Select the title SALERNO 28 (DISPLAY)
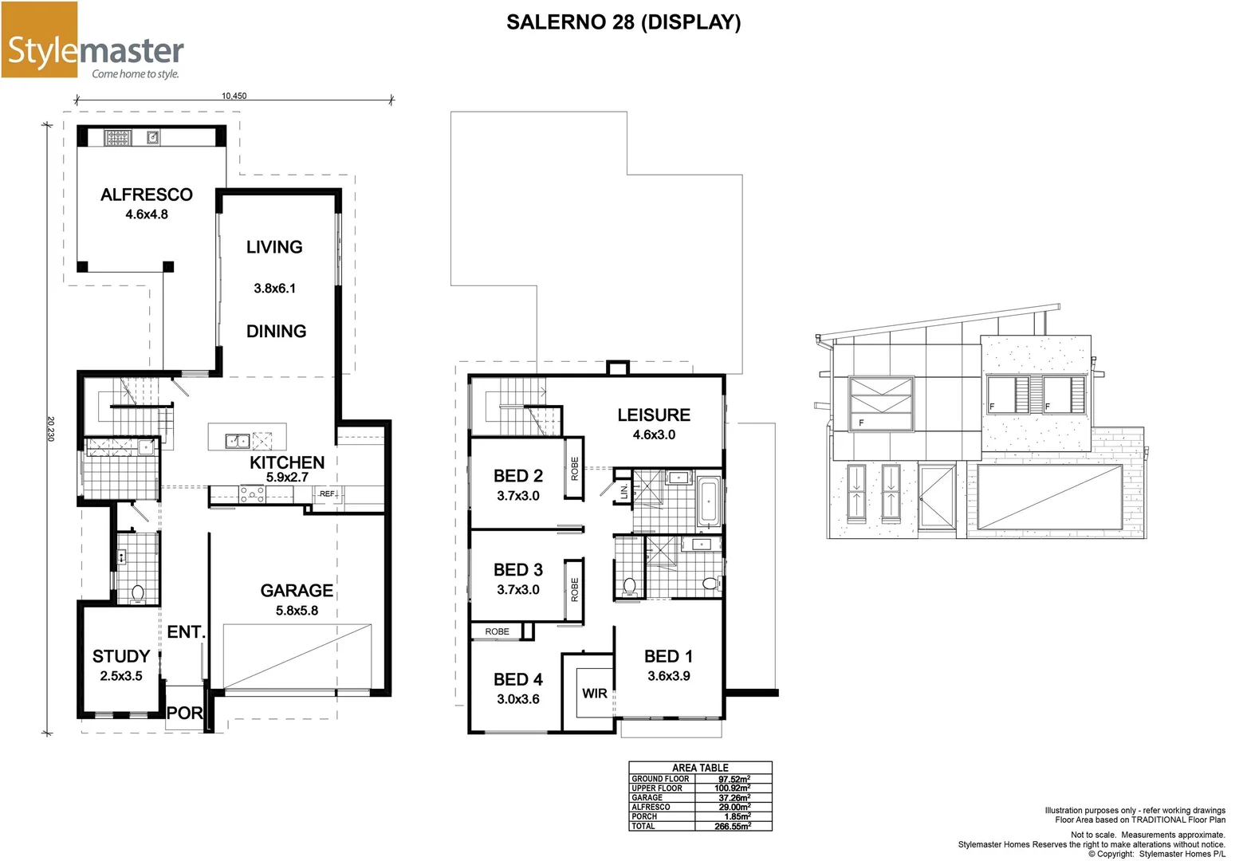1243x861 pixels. [623, 22]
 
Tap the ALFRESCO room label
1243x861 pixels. [147, 195]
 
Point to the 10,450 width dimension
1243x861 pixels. [234, 96]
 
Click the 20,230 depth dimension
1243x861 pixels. [50, 428]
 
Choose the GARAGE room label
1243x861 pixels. [297, 591]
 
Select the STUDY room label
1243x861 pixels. [121, 656]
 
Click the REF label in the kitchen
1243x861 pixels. [327, 494]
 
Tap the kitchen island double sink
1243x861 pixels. [237, 440]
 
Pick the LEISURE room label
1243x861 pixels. [654, 415]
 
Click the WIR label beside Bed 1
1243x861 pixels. [594, 694]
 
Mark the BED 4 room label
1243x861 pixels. [518, 680]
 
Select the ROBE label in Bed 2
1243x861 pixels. [574, 469]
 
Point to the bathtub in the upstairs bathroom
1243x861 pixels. [709, 501]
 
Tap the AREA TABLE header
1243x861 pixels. [700, 768]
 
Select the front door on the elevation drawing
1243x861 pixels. [936, 497]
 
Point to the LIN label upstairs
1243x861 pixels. [623, 491]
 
